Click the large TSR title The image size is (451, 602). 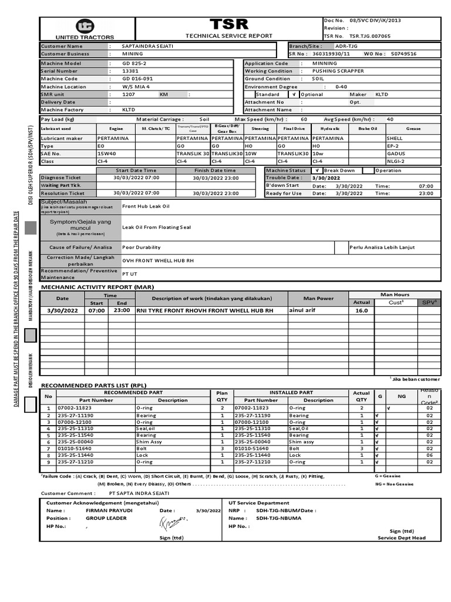pos(229,25)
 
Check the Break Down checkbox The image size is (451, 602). pos(317,170)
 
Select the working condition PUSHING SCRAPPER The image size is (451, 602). pos(338,71)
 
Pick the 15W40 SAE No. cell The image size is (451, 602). pos(107,153)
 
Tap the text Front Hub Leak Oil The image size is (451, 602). pos(146,206)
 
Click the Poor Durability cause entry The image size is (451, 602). pos(141,248)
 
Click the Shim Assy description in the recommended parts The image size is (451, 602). pos(149,442)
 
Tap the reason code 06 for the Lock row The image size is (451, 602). pos(429,455)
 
